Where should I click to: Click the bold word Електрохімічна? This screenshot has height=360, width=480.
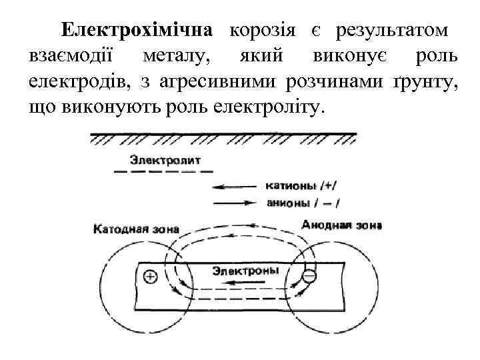[136, 31]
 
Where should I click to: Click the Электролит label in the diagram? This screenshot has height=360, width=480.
[165, 160]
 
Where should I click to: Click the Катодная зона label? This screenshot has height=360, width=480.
[136, 229]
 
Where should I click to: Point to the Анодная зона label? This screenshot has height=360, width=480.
[341, 225]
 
